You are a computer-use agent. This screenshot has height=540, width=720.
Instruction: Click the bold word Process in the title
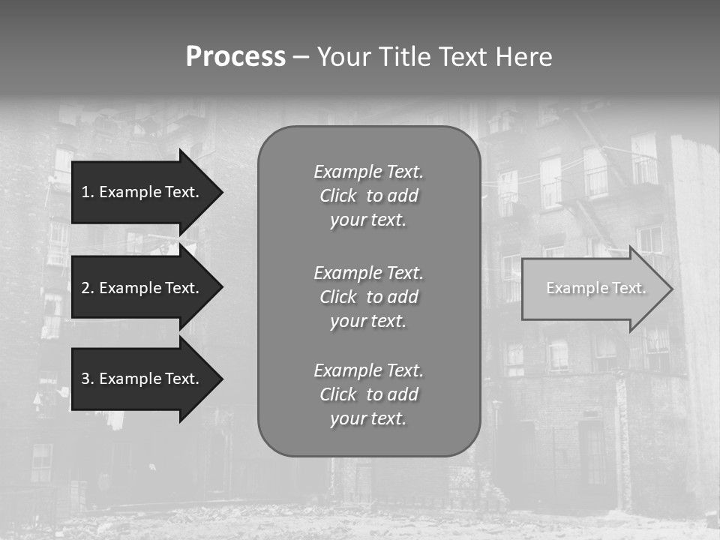235,57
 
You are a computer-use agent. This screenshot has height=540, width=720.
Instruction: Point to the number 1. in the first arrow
88,192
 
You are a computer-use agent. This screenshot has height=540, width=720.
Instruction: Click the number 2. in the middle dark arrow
88,288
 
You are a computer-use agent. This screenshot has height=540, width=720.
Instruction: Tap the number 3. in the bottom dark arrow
88,379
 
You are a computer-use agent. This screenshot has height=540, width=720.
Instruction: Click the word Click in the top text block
337,196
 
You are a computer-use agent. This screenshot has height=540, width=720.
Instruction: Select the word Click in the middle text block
337,297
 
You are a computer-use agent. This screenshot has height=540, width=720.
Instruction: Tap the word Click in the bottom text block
337,394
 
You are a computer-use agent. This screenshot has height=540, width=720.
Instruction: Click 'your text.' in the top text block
368,220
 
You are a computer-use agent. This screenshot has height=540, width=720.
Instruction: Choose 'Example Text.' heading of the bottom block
368,370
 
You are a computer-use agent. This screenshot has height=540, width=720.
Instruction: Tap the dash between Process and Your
301,58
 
